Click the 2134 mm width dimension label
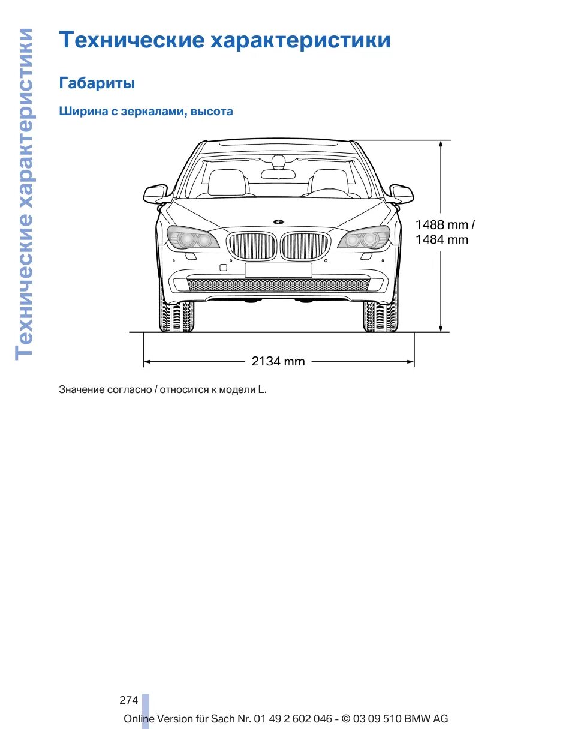tap(278, 361)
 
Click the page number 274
tap(128, 700)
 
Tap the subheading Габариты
tap(97, 83)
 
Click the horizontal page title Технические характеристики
tap(225, 40)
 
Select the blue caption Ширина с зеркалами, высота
tap(146, 112)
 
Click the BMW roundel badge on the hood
tap(278, 222)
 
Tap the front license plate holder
tap(278, 270)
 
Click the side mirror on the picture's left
tap(155, 193)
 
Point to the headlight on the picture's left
tap(192, 239)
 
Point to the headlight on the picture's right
tap(364, 239)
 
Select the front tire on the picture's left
tap(176, 316)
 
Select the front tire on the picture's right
tap(380, 316)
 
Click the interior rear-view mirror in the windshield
tap(278, 174)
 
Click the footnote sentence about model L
tap(162, 389)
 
